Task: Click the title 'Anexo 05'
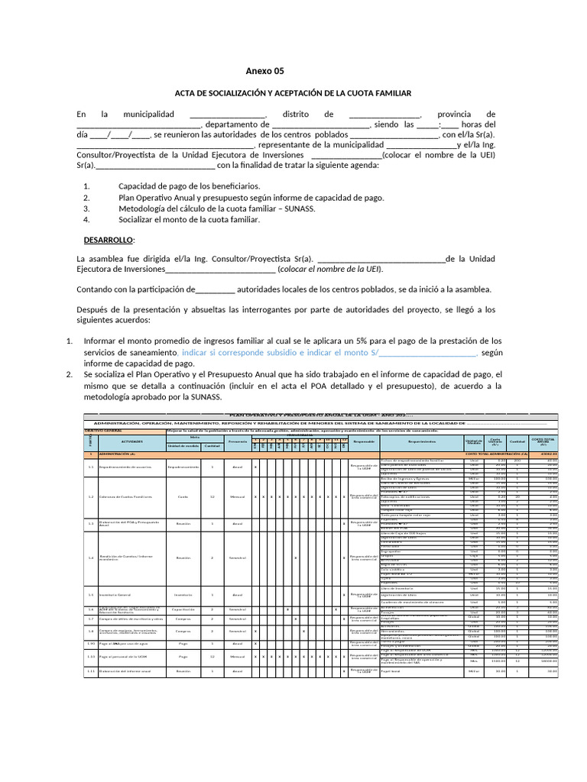264,71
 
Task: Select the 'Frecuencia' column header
238,441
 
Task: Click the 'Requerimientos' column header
421,441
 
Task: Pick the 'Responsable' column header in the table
364,441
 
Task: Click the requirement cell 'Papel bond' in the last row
391,672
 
